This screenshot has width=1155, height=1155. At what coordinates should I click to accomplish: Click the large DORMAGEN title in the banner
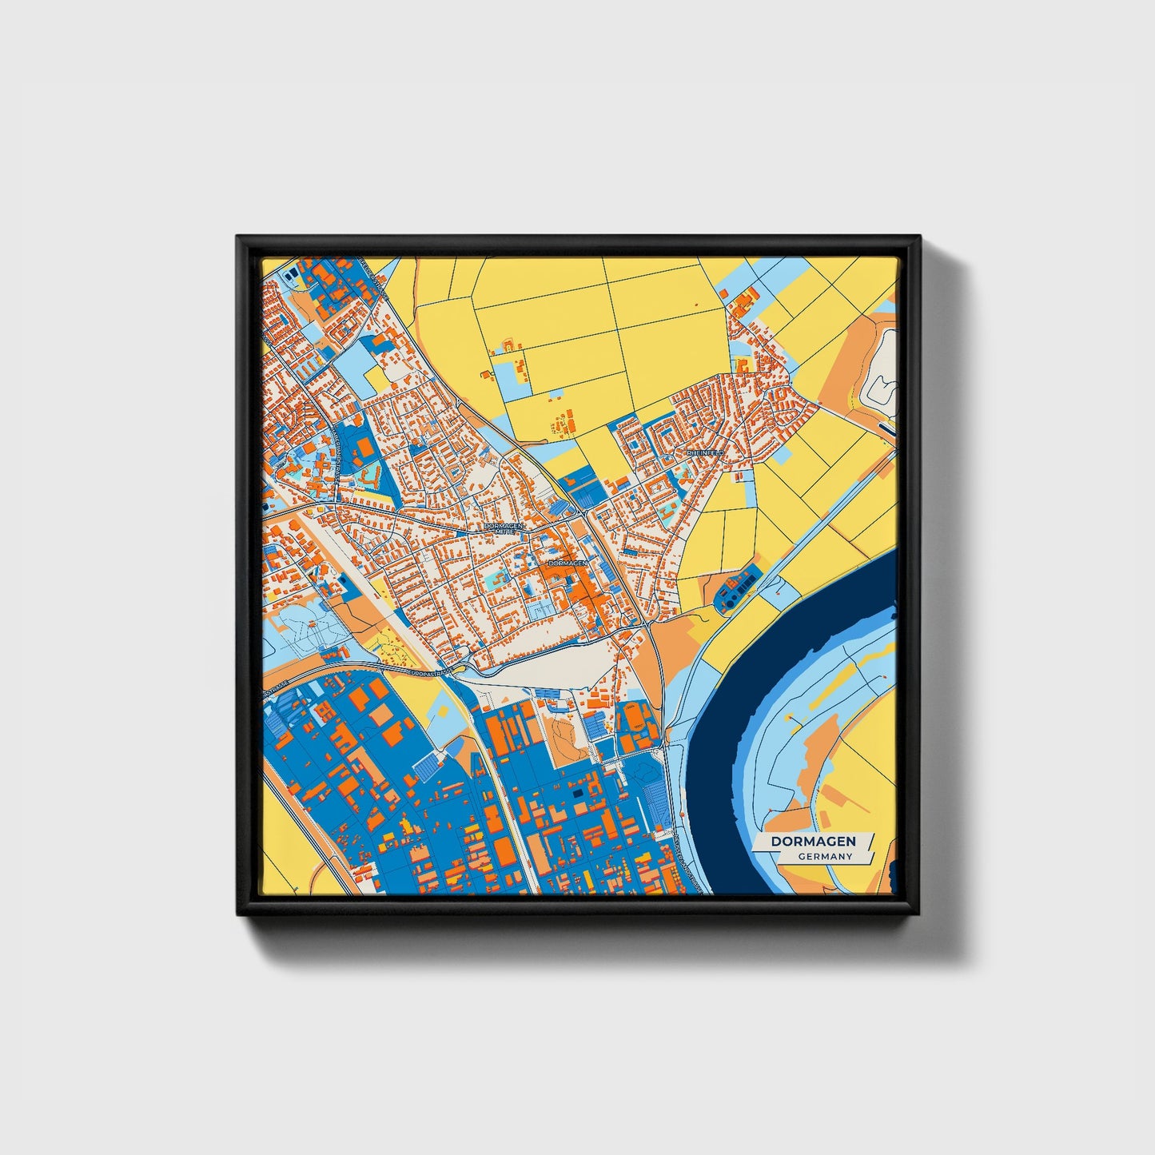click(813, 842)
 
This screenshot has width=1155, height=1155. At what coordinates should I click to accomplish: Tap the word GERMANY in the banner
click(825, 857)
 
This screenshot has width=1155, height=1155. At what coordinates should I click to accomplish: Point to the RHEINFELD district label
click(704, 452)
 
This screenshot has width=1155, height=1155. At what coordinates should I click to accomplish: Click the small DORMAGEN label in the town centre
click(568, 563)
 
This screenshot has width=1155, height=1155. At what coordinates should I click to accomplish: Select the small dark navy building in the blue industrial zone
click(578, 794)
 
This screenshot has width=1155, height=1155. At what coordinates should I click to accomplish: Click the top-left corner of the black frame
click(237, 237)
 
